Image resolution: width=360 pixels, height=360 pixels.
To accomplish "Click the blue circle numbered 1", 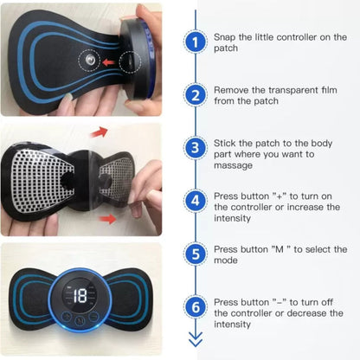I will click(197, 40).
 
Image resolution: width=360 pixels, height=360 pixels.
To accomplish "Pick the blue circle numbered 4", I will click(197, 201).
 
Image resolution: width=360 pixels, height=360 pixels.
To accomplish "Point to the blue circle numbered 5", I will click(197, 255).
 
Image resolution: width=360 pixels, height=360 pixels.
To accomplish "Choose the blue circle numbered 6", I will click(197, 307).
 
